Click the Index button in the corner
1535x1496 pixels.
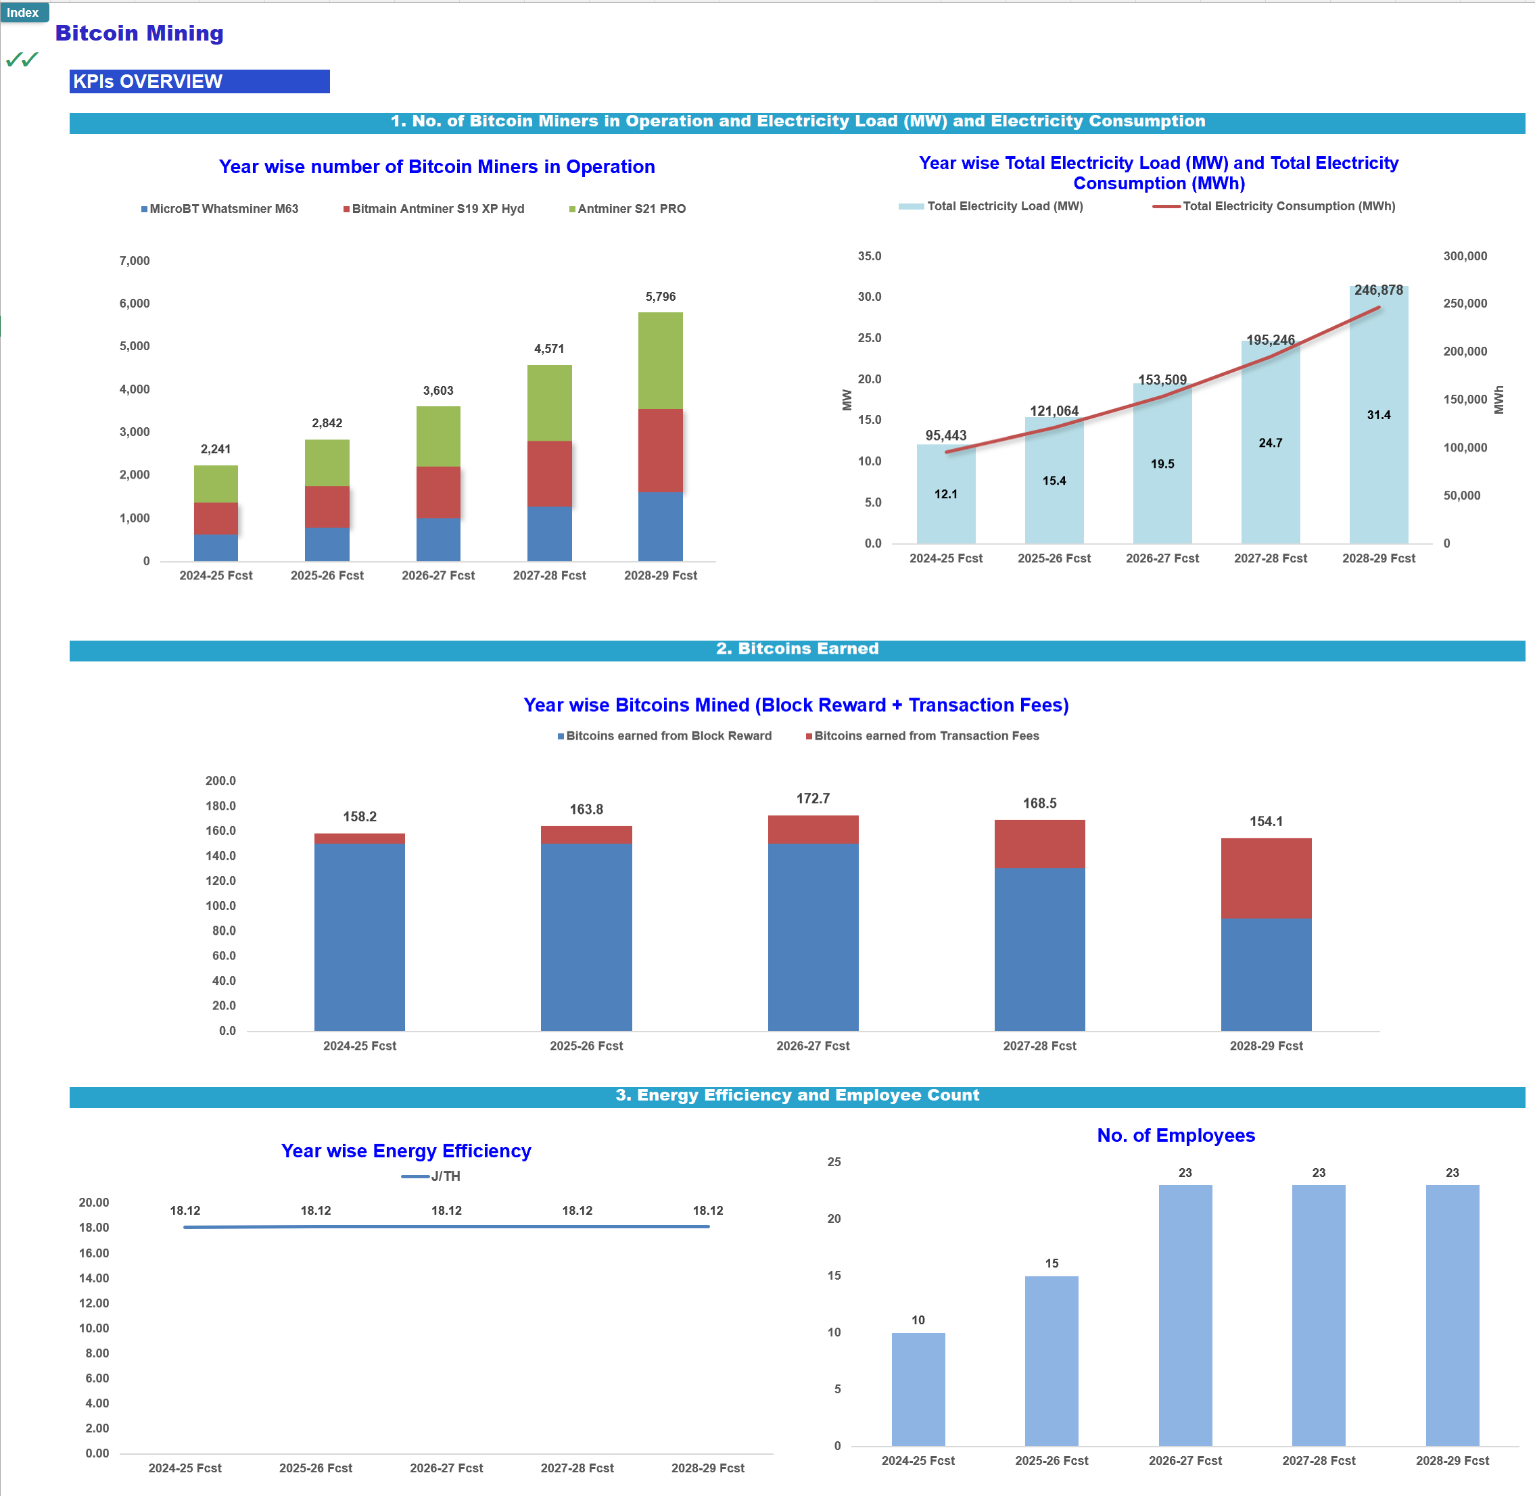tap(24, 13)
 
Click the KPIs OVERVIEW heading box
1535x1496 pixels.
tap(199, 82)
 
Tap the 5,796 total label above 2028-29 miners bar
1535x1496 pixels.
tap(660, 297)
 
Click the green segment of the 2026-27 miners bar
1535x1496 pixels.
tap(438, 436)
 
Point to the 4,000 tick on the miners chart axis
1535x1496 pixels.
tap(135, 389)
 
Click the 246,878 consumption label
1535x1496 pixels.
tap(1378, 291)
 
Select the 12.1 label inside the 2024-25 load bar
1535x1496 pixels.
tap(945, 494)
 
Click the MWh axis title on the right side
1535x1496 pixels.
tap(1499, 400)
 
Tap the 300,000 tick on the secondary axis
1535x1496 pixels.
tap(1464, 257)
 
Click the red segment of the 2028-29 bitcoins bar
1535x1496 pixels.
tap(1265, 877)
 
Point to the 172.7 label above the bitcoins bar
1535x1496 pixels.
tap(813, 799)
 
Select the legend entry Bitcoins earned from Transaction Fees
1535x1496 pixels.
tap(925, 736)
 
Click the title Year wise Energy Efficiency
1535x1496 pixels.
tap(406, 1151)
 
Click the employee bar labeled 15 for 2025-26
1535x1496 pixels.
tap(1051, 1360)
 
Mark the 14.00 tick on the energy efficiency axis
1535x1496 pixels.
tap(93, 1278)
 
